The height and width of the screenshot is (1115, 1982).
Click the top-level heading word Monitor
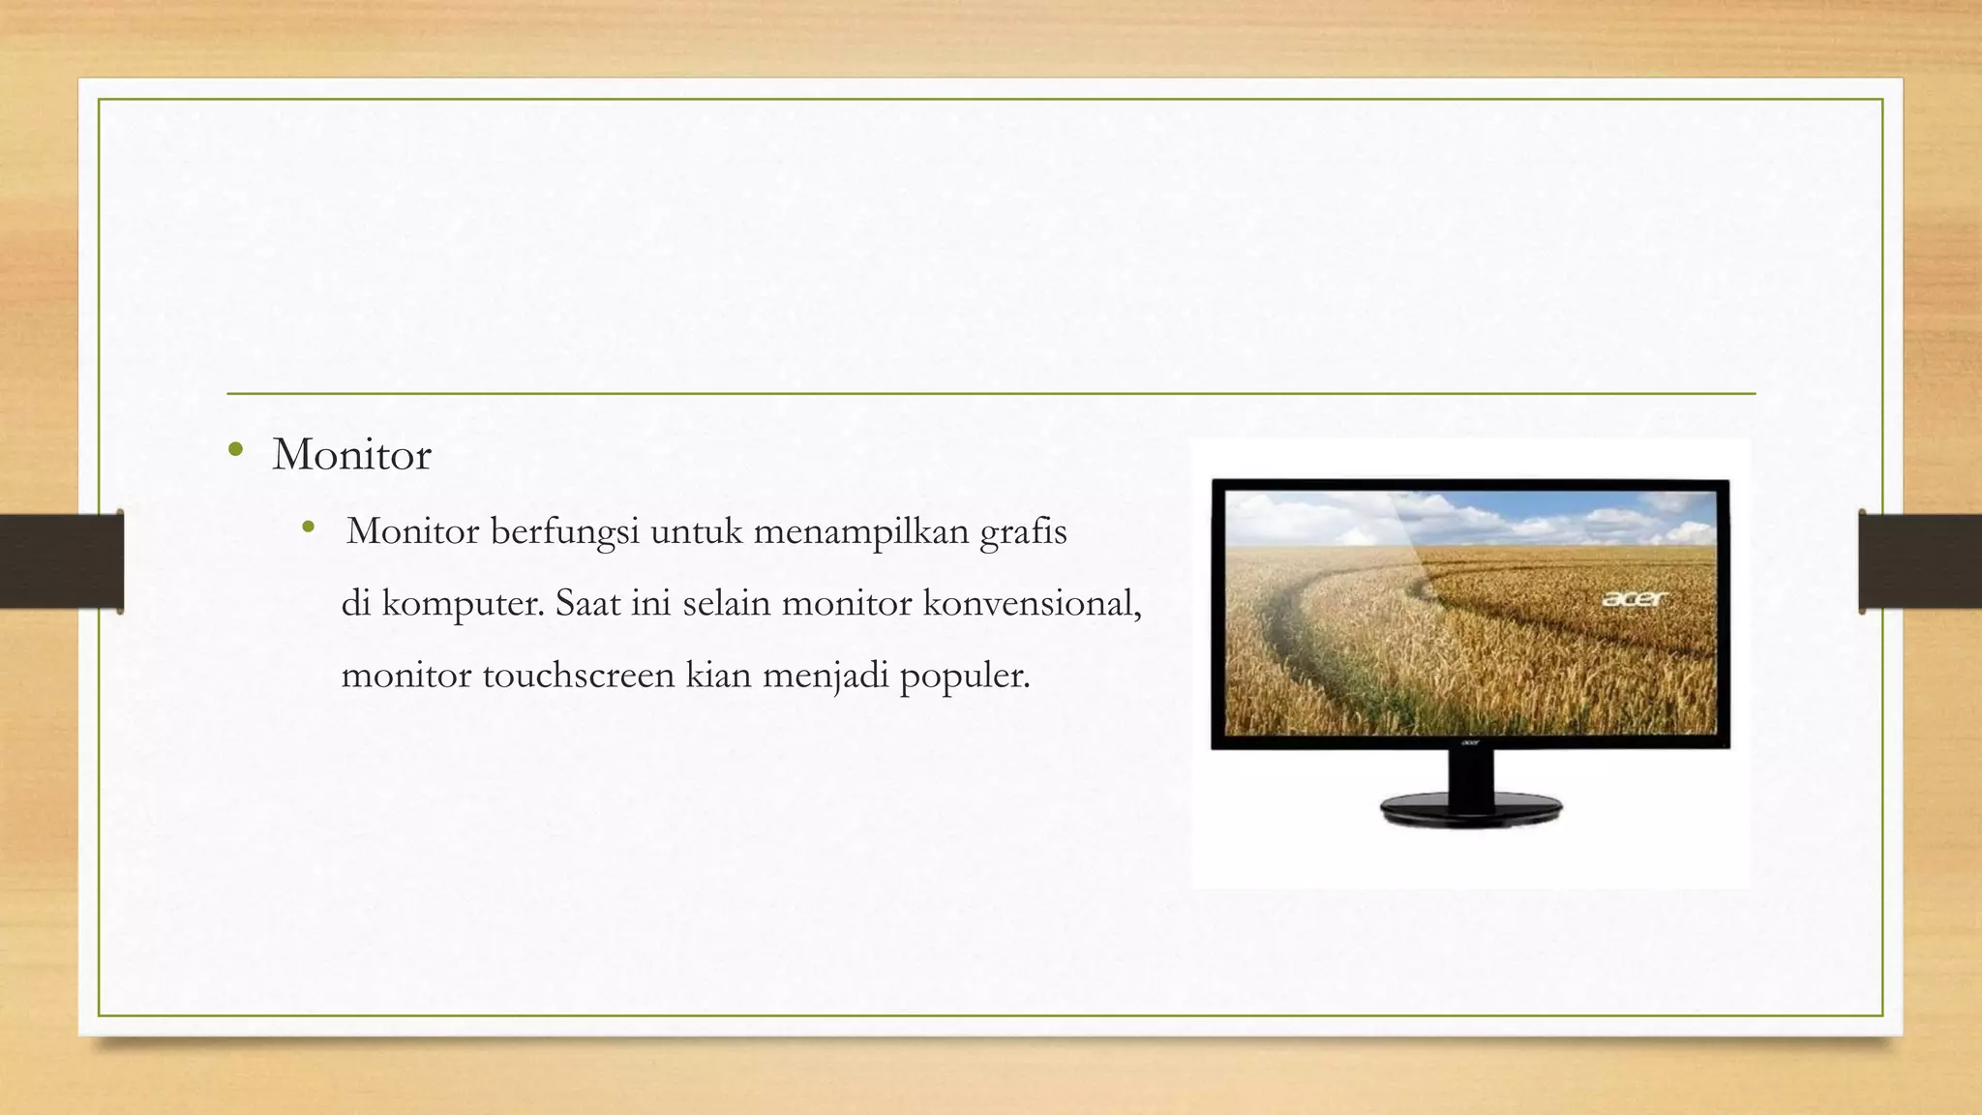351,455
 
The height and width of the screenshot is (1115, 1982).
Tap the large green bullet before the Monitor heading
235,449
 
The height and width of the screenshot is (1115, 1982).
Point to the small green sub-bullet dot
309,527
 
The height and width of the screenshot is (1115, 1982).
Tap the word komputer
462,604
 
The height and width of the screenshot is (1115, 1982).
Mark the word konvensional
1031,603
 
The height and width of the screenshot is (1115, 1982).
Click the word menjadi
825,675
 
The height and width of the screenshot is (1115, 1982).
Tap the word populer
964,676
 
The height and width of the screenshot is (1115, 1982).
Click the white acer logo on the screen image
1635,599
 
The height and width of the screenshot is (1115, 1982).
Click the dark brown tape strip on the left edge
61,561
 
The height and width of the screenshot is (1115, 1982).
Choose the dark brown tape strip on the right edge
1920,561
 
